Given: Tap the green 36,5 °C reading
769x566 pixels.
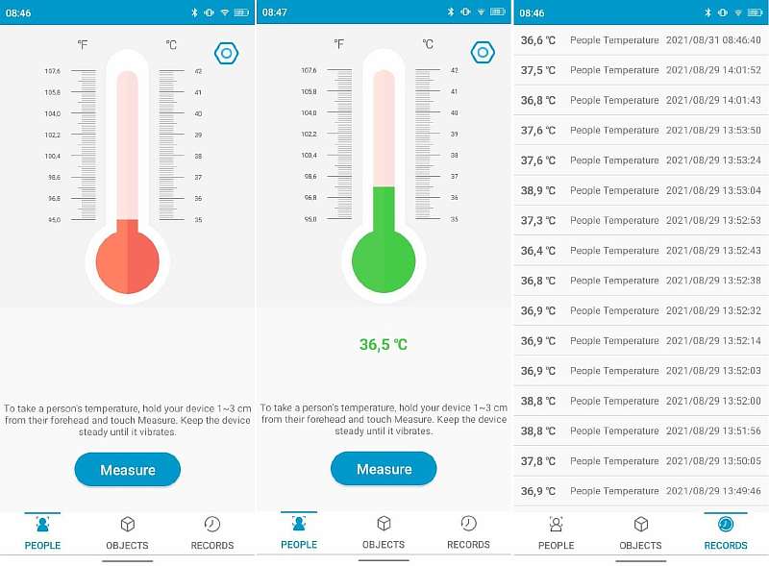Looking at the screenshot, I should pos(384,344).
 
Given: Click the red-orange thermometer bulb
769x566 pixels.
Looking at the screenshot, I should pos(127,260).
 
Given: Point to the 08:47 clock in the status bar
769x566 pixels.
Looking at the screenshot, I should pos(275,12).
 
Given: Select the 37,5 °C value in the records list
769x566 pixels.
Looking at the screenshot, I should pos(537,70).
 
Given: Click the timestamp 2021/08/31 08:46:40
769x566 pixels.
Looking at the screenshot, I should pos(713,40).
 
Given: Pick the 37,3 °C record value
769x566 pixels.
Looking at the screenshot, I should pos(537,220).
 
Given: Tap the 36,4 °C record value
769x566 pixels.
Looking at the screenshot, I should pos(537,251).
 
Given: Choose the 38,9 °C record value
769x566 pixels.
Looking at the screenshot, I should pos(537,190).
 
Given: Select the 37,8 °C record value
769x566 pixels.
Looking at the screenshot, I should pos(537,461).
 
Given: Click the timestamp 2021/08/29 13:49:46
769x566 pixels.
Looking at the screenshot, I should pos(713,491).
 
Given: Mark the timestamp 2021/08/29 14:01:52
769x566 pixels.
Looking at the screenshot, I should pos(713,70).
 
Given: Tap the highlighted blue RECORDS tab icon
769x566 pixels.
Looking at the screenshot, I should pos(726,524).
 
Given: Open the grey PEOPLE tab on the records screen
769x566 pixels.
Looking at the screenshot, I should pos(556,532).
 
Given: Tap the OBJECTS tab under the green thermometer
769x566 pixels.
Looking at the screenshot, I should pos(384,532).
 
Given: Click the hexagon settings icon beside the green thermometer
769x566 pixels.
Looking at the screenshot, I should pos(483,53).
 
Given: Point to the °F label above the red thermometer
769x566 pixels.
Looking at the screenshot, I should pos(83,44).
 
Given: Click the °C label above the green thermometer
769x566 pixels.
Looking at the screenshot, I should pos(428,44).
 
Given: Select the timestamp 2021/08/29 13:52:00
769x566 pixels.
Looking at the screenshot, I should pos(713,401).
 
